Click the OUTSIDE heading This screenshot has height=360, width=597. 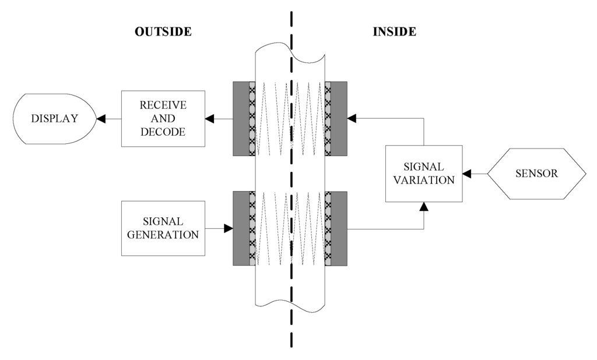point(163,32)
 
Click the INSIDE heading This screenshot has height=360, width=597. point(395,32)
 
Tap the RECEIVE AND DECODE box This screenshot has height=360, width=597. point(163,119)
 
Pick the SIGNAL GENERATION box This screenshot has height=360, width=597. point(163,228)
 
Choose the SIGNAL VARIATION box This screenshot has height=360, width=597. point(424,174)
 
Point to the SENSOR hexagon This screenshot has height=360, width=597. point(536,174)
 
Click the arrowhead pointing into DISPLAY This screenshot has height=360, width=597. point(101,119)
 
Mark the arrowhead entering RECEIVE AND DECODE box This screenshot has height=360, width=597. point(209,119)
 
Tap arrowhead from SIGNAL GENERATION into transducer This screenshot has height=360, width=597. point(229,229)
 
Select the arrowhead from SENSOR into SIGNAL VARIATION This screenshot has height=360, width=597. point(467,174)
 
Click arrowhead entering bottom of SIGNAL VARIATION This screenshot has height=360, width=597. point(424,206)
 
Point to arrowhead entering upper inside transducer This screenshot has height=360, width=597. point(352,119)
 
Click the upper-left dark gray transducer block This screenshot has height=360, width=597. point(241,119)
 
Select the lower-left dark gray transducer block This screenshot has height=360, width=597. point(241,228)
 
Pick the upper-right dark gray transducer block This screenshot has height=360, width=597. point(339,119)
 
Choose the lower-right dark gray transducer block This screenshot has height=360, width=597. point(339,228)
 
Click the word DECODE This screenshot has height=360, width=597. point(163,132)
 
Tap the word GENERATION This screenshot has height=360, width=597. point(163,235)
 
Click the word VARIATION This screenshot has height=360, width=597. point(424,180)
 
